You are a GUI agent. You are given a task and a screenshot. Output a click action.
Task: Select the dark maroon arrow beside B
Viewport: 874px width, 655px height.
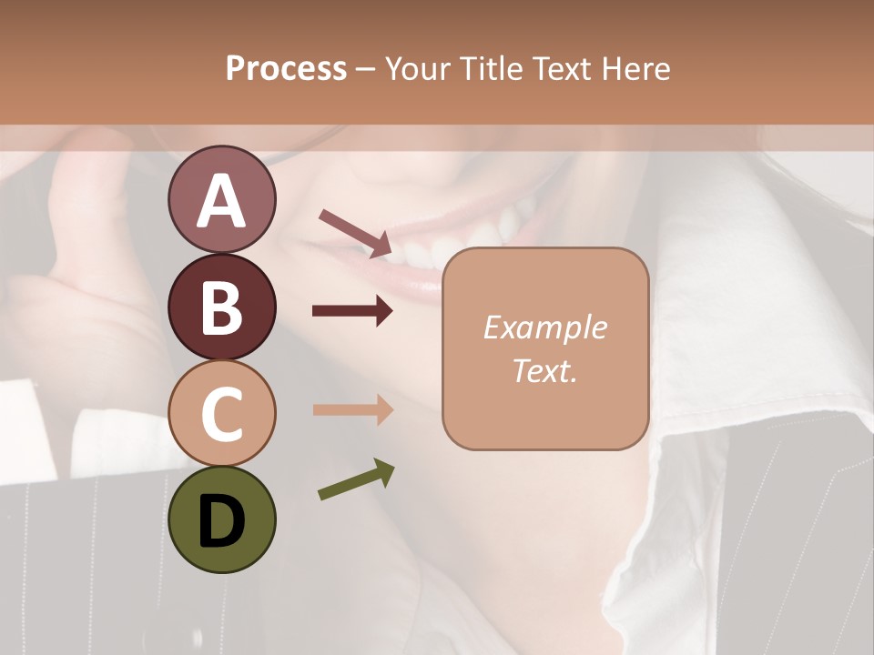[x=352, y=311]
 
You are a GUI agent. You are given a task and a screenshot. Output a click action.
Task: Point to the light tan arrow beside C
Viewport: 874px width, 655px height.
[x=352, y=409]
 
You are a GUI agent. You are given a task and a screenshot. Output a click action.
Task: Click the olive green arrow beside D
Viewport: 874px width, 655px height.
[x=356, y=480]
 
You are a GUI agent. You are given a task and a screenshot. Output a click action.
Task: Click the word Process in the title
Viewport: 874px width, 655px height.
[x=286, y=68]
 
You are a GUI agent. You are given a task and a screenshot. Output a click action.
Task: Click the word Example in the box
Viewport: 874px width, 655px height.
[x=544, y=327]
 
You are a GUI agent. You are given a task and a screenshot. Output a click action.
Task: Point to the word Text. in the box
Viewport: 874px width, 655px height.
[x=544, y=370]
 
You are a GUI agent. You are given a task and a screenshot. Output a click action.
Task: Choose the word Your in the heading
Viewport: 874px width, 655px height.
[x=418, y=68]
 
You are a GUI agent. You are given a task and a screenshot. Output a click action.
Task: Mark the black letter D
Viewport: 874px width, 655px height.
[x=221, y=522]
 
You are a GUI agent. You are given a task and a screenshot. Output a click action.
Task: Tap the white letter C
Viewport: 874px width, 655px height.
[x=221, y=414]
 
